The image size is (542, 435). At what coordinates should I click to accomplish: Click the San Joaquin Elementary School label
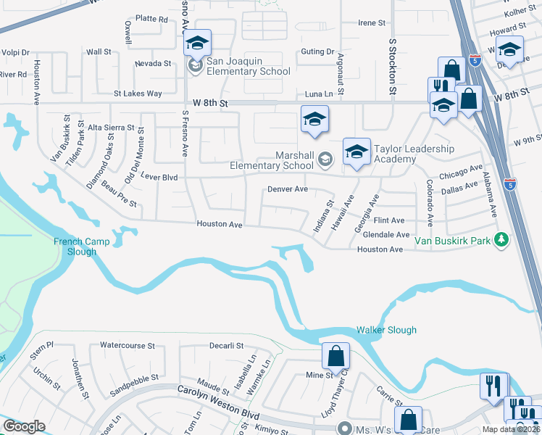(249, 66)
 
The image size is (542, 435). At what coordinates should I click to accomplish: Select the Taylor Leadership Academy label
(414, 154)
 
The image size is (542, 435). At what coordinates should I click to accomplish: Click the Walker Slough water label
(386, 330)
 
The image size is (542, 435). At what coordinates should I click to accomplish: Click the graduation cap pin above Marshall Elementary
(315, 120)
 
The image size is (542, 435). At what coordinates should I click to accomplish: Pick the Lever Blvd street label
(159, 177)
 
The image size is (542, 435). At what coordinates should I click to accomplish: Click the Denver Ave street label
(288, 188)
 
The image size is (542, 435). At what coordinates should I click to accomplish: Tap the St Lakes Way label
(138, 94)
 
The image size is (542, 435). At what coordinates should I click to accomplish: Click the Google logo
(24, 426)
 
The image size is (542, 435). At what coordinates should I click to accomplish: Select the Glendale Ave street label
(386, 235)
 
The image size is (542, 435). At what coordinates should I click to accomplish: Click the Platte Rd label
(151, 19)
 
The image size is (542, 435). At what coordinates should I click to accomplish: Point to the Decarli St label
(226, 346)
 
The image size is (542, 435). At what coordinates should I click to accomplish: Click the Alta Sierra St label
(111, 127)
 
